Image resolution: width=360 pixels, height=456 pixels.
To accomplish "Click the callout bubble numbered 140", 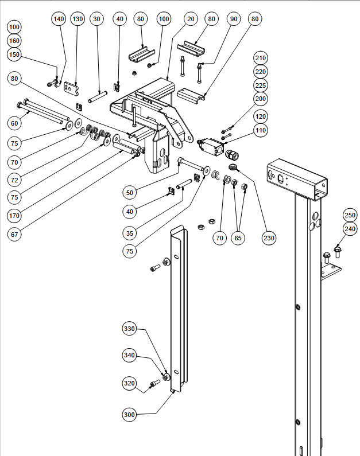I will pos(59,19).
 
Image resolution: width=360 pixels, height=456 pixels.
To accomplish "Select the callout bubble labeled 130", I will pos(78,19).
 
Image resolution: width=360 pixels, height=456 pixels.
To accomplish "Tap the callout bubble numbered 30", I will pos(96,19).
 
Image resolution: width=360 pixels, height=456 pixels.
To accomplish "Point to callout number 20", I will pos(191,19).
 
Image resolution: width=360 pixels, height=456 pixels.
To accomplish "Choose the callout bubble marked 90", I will pos(233,19).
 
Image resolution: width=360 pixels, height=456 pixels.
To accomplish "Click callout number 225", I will pos(261,85).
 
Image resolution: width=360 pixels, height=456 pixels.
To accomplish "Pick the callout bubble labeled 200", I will pos(261,99).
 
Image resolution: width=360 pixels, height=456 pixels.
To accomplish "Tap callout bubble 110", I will pos(261,131).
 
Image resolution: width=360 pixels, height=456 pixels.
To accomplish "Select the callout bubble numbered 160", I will pos(14,41).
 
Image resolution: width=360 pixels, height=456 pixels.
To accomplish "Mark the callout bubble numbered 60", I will pos(14,123).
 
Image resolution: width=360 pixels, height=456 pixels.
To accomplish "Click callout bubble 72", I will pos(14,180).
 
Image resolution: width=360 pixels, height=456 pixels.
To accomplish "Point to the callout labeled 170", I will pos(14,216).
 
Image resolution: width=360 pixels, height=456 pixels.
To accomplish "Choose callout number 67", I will pos(14,235).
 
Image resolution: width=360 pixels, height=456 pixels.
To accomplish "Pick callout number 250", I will pos(350,215).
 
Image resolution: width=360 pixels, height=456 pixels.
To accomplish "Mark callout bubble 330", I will pos(130,329).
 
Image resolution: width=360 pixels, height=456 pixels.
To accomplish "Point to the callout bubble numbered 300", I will pos(130,414).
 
